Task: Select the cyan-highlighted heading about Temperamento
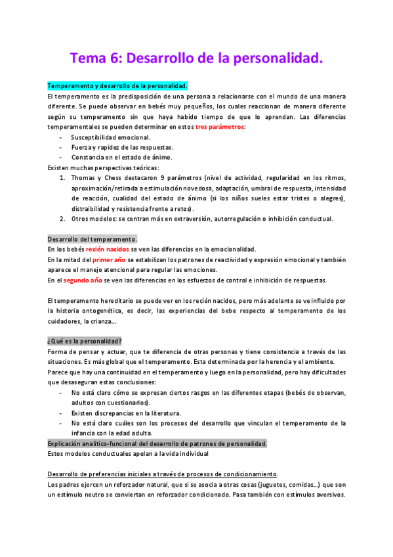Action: [x=117, y=86]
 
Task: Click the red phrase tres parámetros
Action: [x=220, y=126]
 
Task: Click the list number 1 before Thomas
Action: [x=62, y=177]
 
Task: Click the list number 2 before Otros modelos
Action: [x=62, y=219]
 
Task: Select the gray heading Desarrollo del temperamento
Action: [x=92, y=239]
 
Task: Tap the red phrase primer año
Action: [x=104, y=259]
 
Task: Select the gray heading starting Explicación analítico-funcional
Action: [x=157, y=444]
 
